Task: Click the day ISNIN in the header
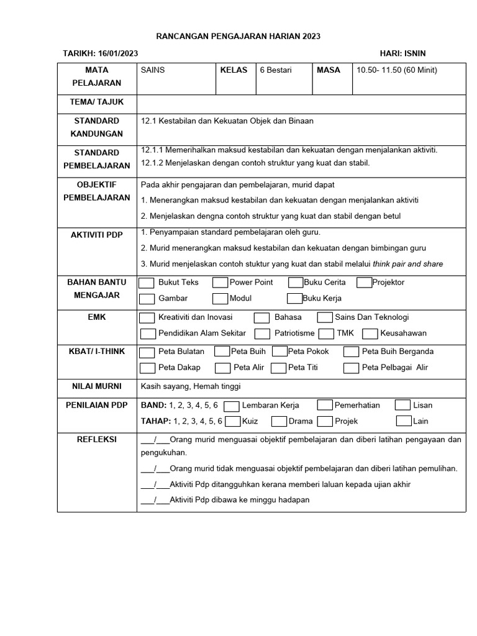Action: (412, 53)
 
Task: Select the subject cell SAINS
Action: (153, 70)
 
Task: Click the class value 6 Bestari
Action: (276, 70)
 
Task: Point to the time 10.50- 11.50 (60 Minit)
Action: (396, 70)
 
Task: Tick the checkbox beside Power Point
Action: (220, 283)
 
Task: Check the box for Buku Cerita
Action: (296, 283)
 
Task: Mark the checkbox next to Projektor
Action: (365, 283)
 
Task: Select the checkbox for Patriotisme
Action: (262, 334)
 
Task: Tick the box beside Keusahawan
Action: (370, 334)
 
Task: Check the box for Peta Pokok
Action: (279, 352)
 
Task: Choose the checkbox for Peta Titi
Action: (279, 368)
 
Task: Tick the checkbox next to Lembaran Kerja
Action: (231, 406)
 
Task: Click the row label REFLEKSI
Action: (96, 438)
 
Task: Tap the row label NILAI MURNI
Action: (96, 386)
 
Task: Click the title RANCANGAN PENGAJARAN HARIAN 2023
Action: (238, 37)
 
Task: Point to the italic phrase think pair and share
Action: (407, 264)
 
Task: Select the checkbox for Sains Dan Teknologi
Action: (325, 317)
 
